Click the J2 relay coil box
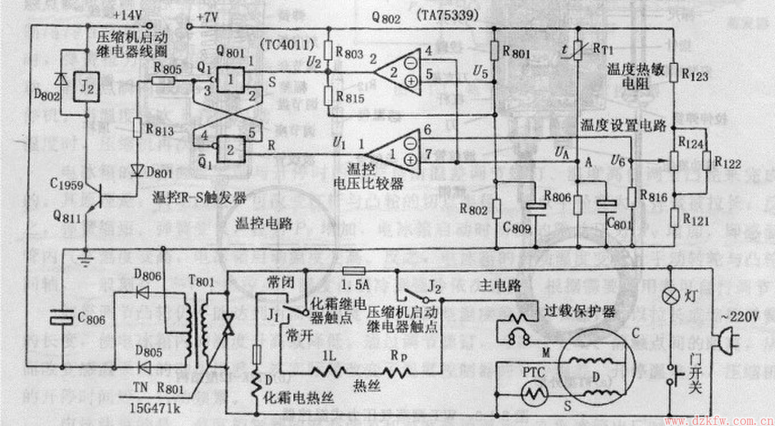[86, 89]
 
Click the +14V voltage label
[129, 16]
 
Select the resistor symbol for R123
[673, 72]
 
